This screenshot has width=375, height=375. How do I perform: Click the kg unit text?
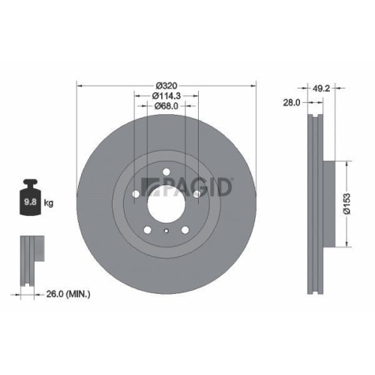point(49,202)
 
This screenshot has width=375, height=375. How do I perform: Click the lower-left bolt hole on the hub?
point(147,230)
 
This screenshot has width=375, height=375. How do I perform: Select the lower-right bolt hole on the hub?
point(186,230)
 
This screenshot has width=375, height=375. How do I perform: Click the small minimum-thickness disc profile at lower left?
point(29,262)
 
